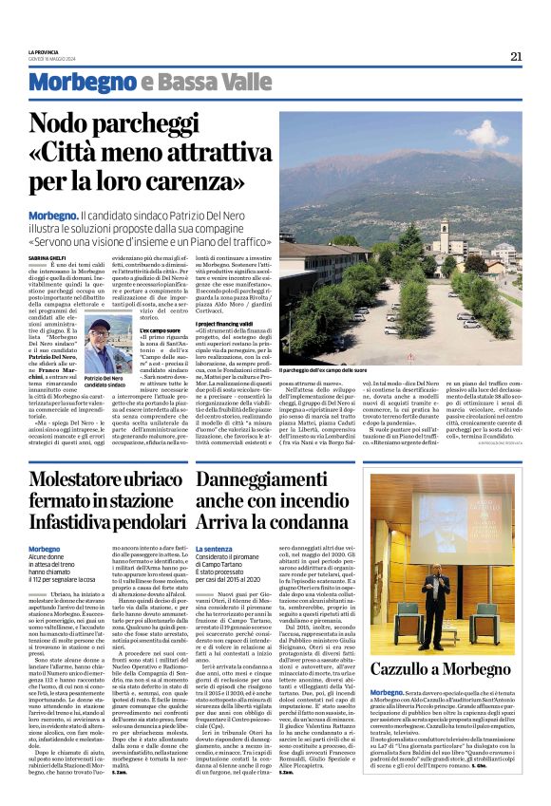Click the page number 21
tap(516, 55)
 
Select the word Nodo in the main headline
tap(65, 123)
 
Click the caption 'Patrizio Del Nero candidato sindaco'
tap(104, 382)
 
